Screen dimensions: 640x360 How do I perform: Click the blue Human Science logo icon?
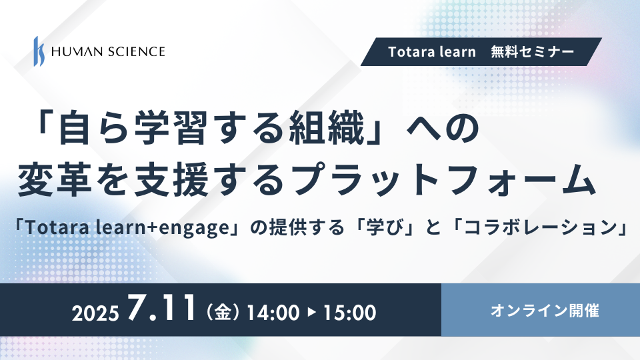coord(39,51)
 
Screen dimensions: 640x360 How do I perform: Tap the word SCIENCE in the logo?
coord(136,51)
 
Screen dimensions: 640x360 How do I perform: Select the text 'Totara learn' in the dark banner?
coord(432,52)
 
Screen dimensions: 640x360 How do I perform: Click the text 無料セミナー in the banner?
coord(533,52)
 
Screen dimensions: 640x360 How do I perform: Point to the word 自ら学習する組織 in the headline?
coord(211,129)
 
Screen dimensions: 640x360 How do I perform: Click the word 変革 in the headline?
coord(55,179)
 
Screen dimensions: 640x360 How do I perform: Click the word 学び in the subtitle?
coord(388,227)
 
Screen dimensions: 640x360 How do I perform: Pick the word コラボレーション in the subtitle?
coord(540,227)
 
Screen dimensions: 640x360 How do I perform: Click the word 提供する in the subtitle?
coord(307,227)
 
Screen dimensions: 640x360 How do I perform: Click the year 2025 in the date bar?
coord(95,313)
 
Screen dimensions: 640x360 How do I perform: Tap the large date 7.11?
coord(161,308)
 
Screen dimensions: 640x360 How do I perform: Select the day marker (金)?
coord(223,313)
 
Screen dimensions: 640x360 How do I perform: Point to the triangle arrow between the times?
coord(311,313)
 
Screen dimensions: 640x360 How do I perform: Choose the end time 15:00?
coord(350,313)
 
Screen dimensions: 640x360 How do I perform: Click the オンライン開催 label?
coord(545,311)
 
